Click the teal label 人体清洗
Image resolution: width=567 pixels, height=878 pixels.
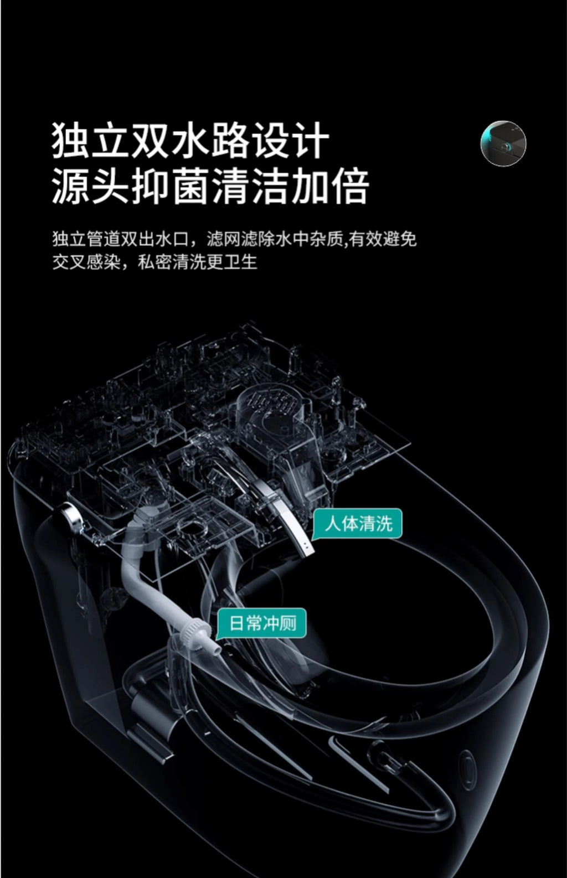358,523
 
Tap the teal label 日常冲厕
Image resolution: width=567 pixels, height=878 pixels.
262,623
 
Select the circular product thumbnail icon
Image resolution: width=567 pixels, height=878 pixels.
503,144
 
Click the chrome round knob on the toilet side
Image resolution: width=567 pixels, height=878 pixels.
72,515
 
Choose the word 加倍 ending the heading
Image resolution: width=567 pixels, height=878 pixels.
329,186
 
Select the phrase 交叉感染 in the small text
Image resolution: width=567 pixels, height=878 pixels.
86,262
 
